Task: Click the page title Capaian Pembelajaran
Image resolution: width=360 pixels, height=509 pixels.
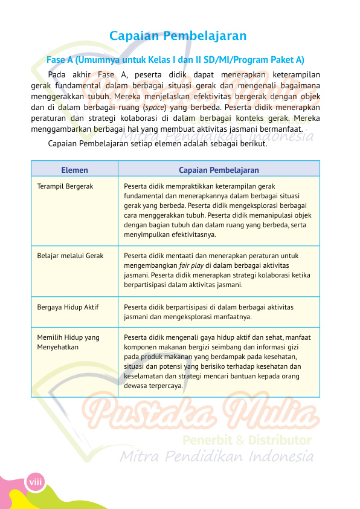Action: click(x=178, y=36)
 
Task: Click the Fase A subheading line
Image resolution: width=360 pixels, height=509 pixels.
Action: click(x=175, y=60)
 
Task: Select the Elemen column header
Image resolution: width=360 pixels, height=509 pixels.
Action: click(x=74, y=170)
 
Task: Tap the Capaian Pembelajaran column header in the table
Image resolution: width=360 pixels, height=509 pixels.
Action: click(x=219, y=170)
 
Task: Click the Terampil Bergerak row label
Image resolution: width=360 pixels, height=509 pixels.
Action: click(x=65, y=187)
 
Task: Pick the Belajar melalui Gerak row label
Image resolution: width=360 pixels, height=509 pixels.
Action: click(x=70, y=256)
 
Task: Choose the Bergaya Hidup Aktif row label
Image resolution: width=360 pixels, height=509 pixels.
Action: click(x=68, y=307)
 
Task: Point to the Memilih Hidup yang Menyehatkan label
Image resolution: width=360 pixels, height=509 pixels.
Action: click(x=68, y=342)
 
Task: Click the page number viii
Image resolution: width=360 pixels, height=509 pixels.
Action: click(x=34, y=481)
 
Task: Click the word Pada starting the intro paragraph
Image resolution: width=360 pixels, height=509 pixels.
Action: click(x=57, y=75)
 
